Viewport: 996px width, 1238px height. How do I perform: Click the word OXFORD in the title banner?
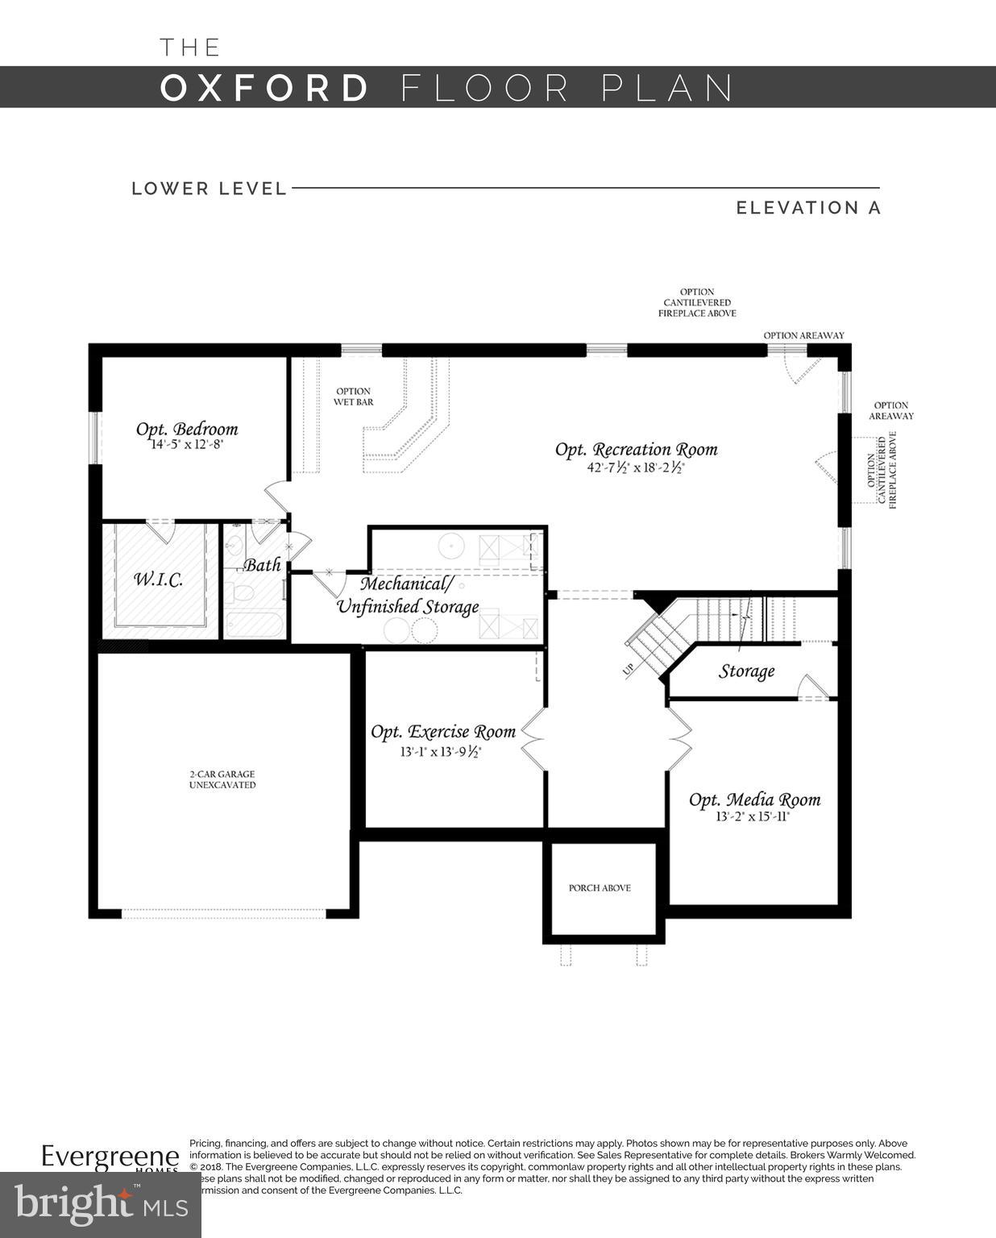pyautogui.click(x=265, y=88)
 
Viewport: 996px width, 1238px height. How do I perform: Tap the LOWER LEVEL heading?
pyautogui.click(x=210, y=189)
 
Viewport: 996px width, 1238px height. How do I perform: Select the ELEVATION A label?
pyautogui.click(x=808, y=208)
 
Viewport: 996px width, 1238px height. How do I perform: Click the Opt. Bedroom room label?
pyautogui.click(x=187, y=429)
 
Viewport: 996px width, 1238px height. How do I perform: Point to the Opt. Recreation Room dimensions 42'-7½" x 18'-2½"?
pyautogui.click(x=636, y=467)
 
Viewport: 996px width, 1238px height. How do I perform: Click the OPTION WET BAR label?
pyautogui.click(x=354, y=397)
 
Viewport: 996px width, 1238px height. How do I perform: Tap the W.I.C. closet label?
pyautogui.click(x=158, y=579)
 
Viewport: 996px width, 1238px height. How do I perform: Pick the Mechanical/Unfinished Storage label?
pyautogui.click(x=408, y=595)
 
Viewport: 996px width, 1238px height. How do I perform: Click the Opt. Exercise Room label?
pyautogui.click(x=443, y=732)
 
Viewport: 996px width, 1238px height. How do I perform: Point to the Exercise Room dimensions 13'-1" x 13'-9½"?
pyautogui.click(x=441, y=752)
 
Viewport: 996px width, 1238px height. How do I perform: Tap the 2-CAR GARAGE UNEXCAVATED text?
pyautogui.click(x=222, y=779)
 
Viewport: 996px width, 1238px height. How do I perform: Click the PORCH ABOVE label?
pyautogui.click(x=600, y=888)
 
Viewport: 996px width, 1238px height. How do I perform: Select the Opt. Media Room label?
pyautogui.click(x=754, y=800)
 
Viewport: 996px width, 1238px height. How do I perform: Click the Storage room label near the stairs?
pyautogui.click(x=746, y=671)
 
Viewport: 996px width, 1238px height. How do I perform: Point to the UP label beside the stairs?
pyautogui.click(x=629, y=668)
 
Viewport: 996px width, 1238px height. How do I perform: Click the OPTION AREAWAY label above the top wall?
pyautogui.click(x=803, y=335)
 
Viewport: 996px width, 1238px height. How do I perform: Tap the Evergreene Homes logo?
pyautogui.click(x=110, y=1158)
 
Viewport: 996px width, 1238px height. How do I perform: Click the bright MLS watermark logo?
pyautogui.click(x=101, y=1203)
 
